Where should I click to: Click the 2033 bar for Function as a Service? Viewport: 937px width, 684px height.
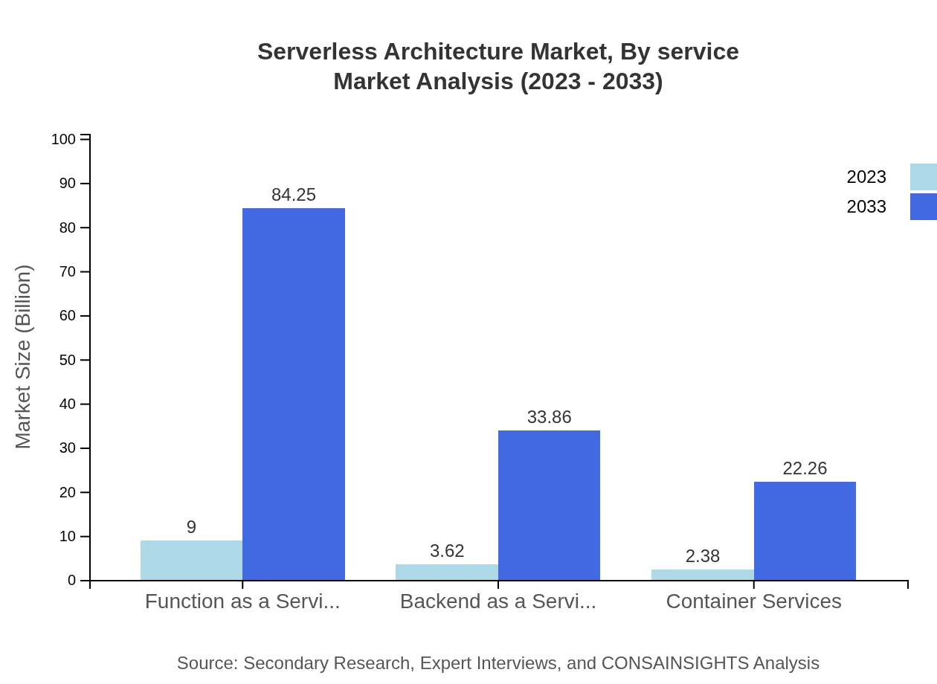coord(294,394)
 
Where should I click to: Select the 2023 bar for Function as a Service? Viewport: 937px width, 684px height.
coord(191,560)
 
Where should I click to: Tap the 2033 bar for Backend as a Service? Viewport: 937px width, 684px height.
coord(549,505)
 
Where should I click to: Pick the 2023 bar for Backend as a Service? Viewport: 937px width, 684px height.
coord(446,572)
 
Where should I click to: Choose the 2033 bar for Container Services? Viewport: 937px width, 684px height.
coord(805,531)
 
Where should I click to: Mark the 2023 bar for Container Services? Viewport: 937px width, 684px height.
coord(702,575)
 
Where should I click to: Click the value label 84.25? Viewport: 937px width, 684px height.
coord(294,195)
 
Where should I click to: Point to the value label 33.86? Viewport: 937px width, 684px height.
coord(549,417)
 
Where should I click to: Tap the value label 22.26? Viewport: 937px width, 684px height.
coord(805,468)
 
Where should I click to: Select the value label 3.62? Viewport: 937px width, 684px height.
coord(447,551)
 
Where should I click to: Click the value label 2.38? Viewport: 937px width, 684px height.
coord(702,556)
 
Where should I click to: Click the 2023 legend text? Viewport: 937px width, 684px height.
coord(866,177)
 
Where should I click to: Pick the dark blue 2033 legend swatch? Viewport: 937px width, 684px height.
coord(923,207)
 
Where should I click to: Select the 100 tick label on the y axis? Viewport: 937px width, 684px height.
coord(63,139)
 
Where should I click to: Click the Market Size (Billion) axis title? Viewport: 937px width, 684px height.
coord(23,357)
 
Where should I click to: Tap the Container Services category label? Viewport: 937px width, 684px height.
coord(753,601)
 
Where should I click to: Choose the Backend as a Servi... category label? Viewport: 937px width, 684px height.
coord(498,601)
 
